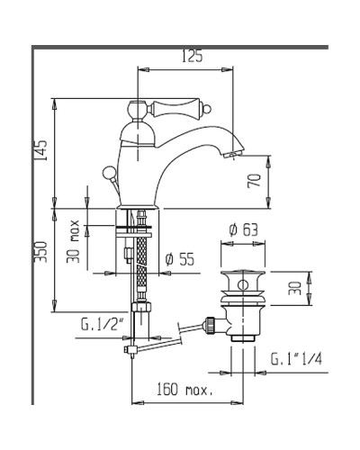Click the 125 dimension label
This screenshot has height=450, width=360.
193,56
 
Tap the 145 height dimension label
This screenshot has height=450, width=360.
40,150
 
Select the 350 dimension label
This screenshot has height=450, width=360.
40,252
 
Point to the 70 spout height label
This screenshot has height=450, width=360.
254,181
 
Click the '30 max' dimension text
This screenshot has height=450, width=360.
73,241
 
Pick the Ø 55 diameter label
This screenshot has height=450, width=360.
180,259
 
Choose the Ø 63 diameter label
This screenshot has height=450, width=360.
243,230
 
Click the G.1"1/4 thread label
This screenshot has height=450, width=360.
296,359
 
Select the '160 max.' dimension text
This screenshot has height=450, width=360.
184,390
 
